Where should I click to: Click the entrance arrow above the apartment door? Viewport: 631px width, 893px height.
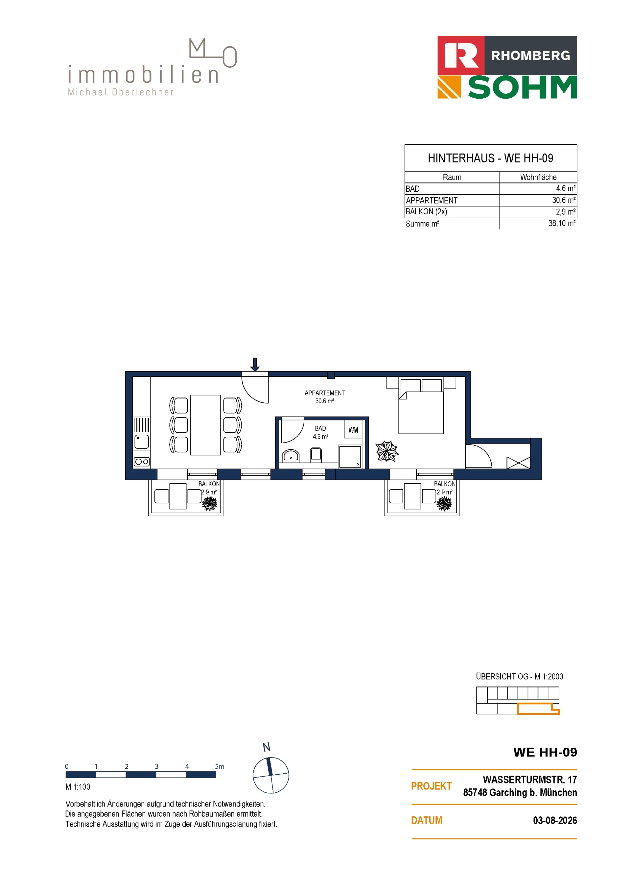[x=255, y=364]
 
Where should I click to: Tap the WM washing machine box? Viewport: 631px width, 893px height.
[x=353, y=430]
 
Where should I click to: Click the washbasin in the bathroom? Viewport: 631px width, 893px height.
[x=291, y=455]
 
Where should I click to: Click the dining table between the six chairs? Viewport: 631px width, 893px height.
[x=205, y=425]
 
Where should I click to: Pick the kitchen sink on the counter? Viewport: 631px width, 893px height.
[x=142, y=442]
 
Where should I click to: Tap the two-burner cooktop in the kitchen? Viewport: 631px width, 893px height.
[x=142, y=462]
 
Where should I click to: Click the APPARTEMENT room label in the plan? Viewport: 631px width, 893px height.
[x=325, y=393]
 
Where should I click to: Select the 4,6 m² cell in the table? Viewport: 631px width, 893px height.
[x=566, y=189]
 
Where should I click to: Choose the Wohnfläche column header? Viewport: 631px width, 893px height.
[x=538, y=177]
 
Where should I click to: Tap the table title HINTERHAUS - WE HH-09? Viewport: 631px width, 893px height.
[x=490, y=158]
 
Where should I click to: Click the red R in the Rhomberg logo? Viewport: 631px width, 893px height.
[x=461, y=55]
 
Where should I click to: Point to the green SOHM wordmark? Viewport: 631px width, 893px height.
[x=523, y=87]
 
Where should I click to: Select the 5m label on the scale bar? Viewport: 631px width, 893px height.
[x=220, y=766]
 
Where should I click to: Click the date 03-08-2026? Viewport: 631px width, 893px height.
[x=555, y=820]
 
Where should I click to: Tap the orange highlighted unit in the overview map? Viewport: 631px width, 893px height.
[x=538, y=709]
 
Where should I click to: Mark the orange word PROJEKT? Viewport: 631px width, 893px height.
[x=431, y=786]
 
